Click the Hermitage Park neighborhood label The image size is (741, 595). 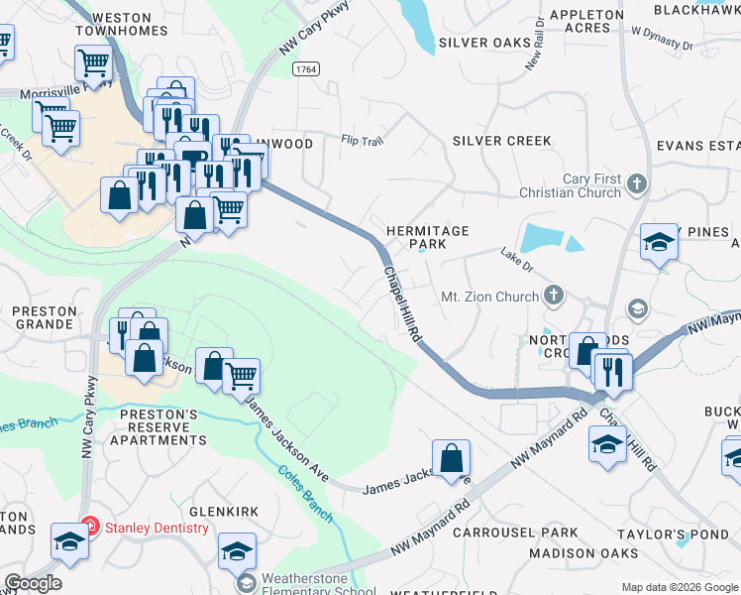tap(427, 236)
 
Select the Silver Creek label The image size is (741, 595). tap(501, 141)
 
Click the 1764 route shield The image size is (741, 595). tap(305, 67)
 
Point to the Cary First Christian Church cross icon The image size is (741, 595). tap(636, 183)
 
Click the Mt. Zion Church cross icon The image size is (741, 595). tap(553, 295)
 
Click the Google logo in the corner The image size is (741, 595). tap(33, 583)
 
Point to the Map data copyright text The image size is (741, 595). tap(679, 587)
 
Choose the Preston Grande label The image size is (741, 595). tap(45, 317)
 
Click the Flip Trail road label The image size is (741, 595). tap(362, 141)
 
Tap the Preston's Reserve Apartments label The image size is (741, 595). tap(162, 426)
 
